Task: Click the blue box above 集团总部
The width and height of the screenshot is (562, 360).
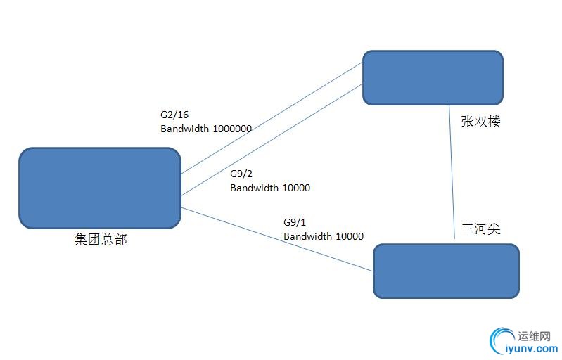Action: click(100, 188)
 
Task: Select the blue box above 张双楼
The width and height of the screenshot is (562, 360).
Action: click(433, 77)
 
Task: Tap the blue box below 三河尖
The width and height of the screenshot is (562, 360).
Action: click(446, 271)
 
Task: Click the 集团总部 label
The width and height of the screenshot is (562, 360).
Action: click(101, 239)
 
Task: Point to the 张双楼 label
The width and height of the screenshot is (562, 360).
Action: click(480, 122)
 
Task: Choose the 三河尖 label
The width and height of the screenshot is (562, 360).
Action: click(480, 229)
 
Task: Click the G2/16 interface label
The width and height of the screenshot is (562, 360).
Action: click(174, 115)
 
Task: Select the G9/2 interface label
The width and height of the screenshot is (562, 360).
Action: click(241, 174)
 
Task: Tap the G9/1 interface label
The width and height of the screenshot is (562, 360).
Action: click(295, 222)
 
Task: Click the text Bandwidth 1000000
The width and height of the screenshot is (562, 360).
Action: click(206, 129)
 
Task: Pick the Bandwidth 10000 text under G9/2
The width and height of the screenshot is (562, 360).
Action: click(270, 188)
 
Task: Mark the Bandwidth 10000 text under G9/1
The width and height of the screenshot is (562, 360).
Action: click(324, 236)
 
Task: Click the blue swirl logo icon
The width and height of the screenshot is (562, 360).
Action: click(502, 340)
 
